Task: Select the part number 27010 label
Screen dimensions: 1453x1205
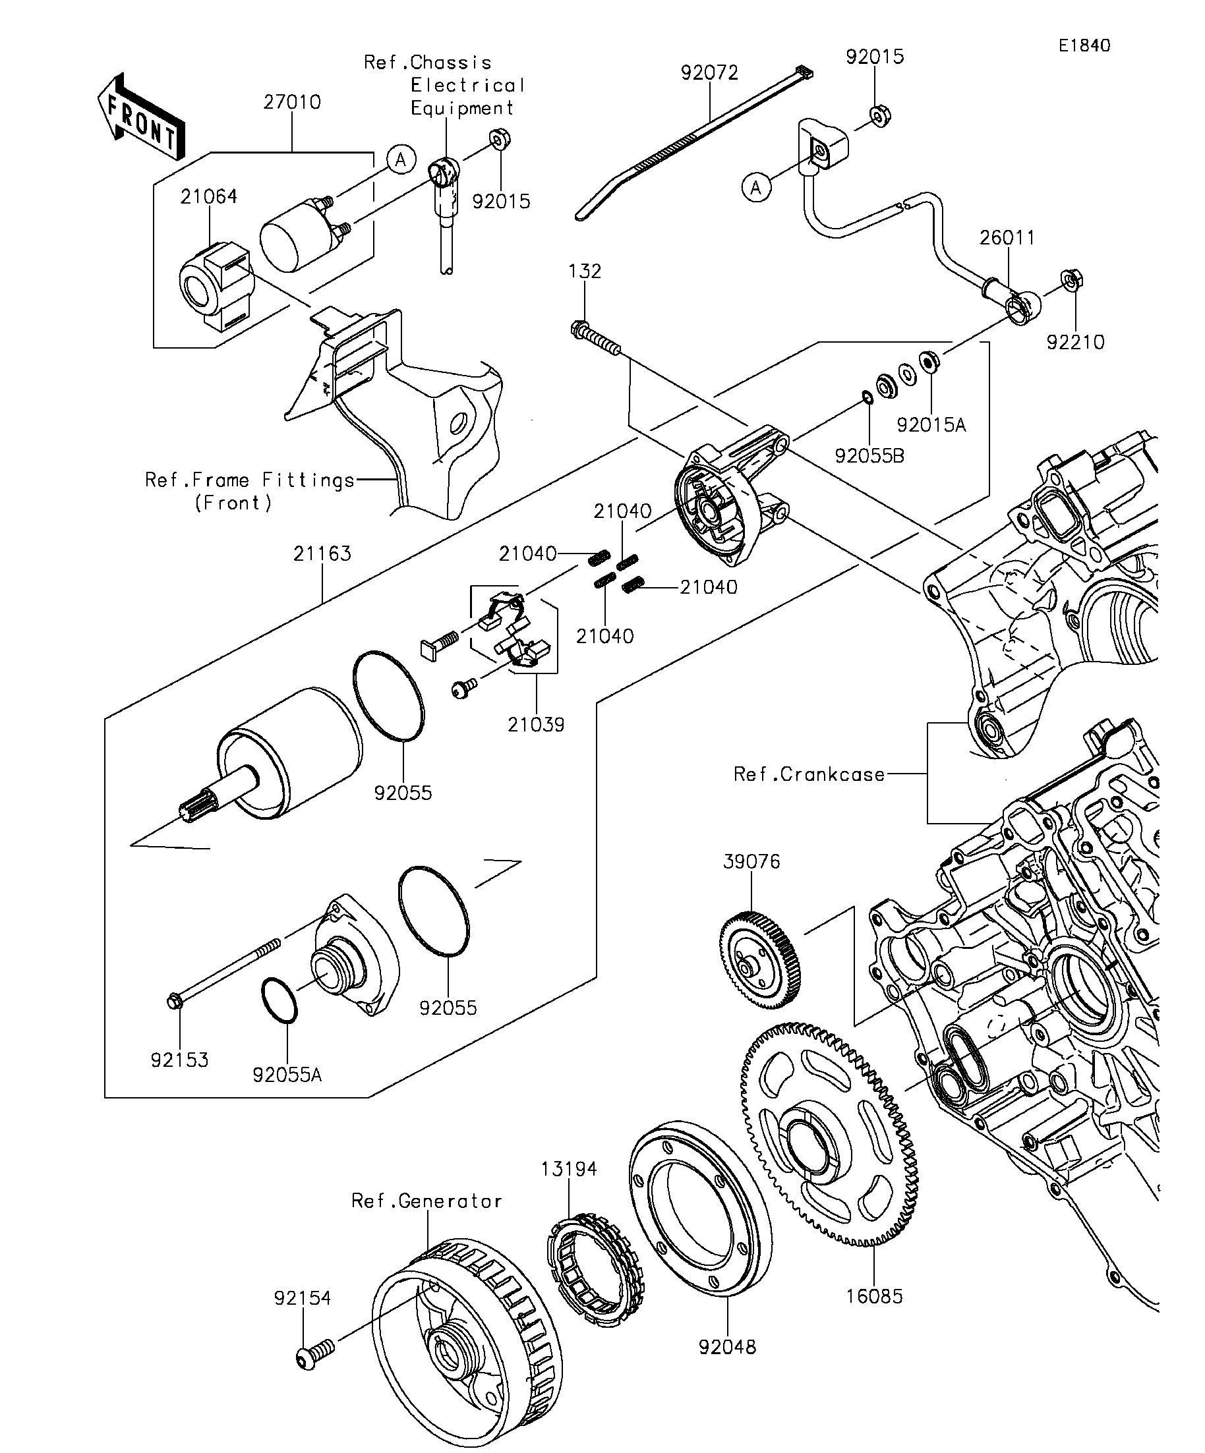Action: click(x=292, y=102)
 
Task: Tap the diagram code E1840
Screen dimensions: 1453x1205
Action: click(x=1084, y=45)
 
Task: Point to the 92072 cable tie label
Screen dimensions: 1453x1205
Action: click(x=709, y=72)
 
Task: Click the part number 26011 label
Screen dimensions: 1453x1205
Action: click(x=1007, y=238)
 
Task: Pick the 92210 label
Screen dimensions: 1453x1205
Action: click(x=1075, y=342)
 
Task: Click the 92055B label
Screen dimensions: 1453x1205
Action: click(x=869, y=456)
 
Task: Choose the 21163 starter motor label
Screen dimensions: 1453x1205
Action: click(x=322, y=554)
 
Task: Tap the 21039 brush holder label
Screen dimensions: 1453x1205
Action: click(x=536, y=724)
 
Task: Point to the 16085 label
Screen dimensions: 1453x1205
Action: click(x=874, y=1296)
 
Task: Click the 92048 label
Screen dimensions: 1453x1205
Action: click(x=728, y=1347)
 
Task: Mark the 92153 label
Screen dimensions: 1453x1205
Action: click(x=179, y=1060)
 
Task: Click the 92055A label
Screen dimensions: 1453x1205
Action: click(x=287, y=1075)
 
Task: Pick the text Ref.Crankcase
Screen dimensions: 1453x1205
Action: click(x=809, y=774)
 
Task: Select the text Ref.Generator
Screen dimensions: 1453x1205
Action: click(x=426, y=1201)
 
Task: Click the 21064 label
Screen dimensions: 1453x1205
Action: click(x=208, y=196)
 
